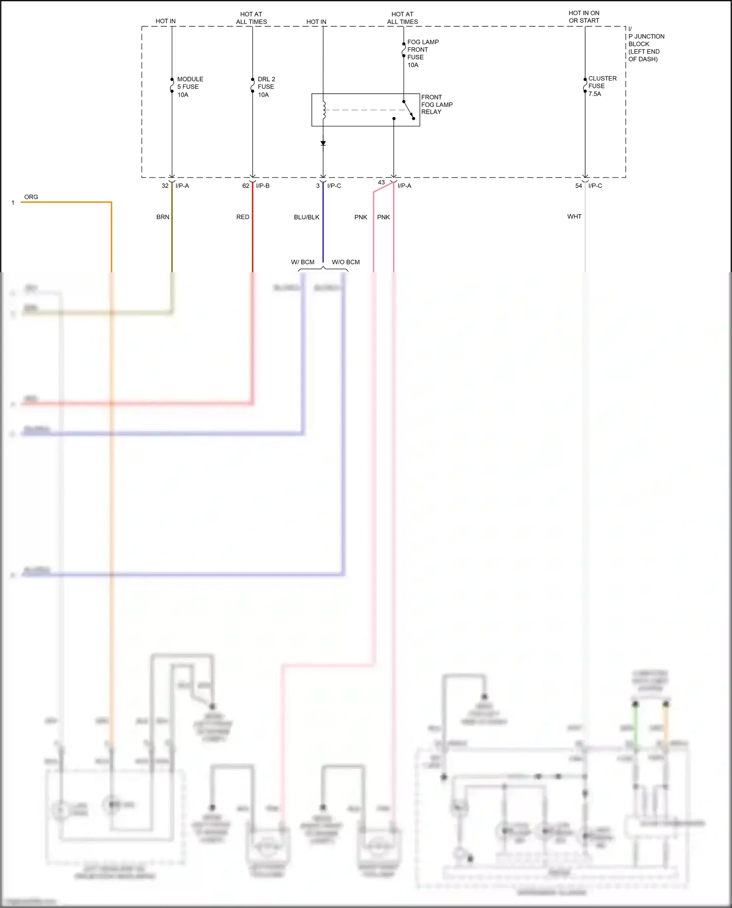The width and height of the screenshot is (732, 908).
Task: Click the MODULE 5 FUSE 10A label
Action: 190,87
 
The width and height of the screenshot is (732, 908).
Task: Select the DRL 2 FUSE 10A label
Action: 266,87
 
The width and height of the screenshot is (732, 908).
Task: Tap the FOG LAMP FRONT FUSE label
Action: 423,53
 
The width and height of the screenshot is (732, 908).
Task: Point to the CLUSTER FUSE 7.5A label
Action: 602,86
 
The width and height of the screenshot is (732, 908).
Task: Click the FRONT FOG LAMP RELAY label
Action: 437,104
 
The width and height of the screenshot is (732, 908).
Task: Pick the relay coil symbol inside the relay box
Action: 324,110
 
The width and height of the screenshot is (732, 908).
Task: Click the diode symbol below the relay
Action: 323,143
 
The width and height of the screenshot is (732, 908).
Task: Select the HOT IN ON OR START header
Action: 584,17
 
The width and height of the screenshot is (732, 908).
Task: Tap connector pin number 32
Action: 165,186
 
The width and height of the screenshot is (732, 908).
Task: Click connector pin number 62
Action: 245,186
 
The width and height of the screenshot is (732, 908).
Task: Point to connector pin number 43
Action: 381,182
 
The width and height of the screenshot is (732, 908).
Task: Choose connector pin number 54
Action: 578,186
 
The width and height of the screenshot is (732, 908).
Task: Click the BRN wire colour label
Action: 163,217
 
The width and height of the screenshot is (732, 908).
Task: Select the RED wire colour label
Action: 243,217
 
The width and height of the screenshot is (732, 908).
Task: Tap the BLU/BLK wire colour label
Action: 306,217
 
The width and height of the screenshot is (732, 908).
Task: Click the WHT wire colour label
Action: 574,217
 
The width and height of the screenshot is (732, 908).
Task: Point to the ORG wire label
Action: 31,197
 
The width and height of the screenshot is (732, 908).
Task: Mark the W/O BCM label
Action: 346,262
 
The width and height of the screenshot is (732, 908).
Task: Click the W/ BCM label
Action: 303,262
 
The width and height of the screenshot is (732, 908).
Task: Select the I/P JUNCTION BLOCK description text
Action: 646,44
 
